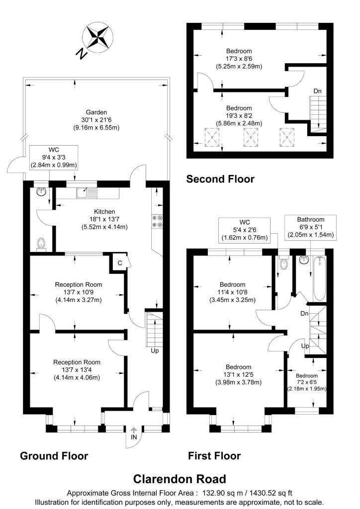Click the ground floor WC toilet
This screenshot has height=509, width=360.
coord(42,244)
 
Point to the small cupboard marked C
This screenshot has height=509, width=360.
coord(120,263)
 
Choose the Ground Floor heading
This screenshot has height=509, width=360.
coord(54,456)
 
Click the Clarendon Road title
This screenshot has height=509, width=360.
coord(180,479)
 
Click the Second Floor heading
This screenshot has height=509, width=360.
coord(220,179)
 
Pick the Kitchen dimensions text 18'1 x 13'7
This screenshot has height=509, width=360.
coord(105,219)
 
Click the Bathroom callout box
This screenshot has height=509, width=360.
coord(310,227)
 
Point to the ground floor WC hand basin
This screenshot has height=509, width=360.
coord(41,191)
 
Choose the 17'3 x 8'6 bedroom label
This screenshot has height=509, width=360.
coord(239,58)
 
